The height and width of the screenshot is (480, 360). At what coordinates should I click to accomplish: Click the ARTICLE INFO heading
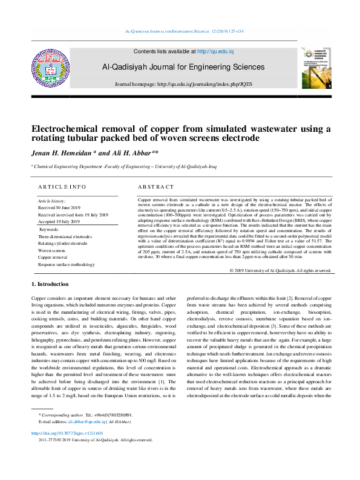[62, 187]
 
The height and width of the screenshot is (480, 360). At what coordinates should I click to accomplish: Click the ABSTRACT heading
[156, 187]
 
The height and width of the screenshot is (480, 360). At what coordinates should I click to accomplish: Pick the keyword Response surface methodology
[67, 265]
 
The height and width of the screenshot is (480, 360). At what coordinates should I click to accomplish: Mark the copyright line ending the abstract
[281, 270]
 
